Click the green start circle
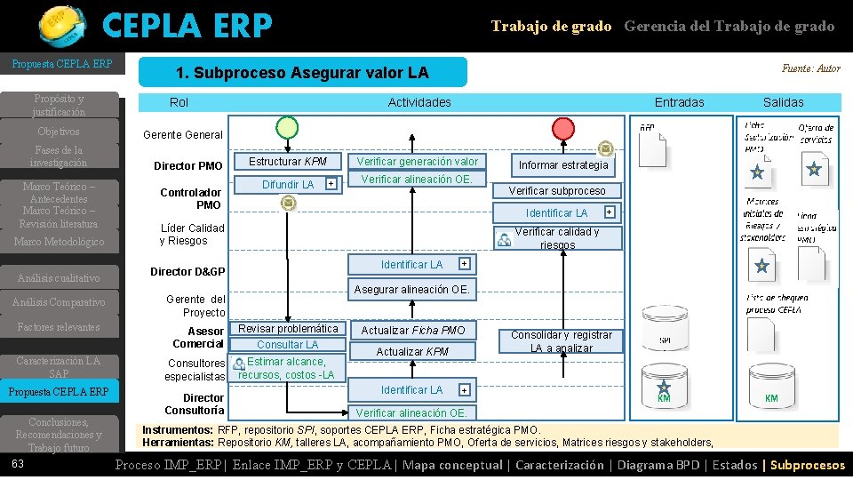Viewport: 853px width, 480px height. [286, 128]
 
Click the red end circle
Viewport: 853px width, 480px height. [563, 128]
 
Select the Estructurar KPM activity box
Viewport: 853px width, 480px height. [287, 162]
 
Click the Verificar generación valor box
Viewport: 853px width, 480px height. [418, 162]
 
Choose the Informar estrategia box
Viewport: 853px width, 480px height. [563, 164]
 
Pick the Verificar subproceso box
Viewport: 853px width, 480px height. [557, 190]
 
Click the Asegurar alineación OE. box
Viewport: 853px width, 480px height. [412, 289]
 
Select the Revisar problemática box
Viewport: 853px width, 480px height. [287, 329]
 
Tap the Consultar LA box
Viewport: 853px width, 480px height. [287, 344]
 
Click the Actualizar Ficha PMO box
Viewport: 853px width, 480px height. [412, 330]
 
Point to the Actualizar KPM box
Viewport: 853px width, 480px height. [412, 351]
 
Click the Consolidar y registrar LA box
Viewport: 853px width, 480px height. [561, 340]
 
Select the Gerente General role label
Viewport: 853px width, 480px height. [183, 135]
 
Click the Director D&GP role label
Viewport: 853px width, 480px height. [187, 271]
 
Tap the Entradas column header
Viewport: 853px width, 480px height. [679, 102]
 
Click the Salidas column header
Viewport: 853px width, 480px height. [783, 102]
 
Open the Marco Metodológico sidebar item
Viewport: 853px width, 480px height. [60, 242]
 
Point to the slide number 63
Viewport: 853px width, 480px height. [18, 464]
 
